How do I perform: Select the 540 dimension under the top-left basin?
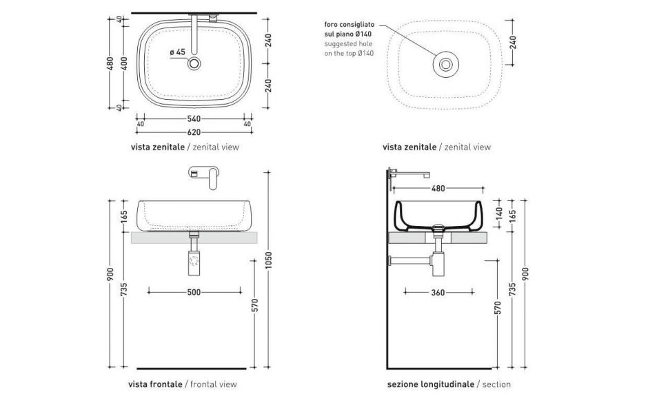coord(194,118)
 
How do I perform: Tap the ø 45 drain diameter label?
coord(177,52)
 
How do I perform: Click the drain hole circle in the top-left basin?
coord(195,63)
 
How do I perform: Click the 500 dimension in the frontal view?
coord(194,292)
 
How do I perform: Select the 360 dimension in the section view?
coord(438,292)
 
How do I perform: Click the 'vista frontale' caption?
coord(155,384)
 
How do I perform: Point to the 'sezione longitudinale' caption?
coord(430,384)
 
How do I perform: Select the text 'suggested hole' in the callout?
coord(347,43)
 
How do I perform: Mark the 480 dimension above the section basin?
coord(438,188)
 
